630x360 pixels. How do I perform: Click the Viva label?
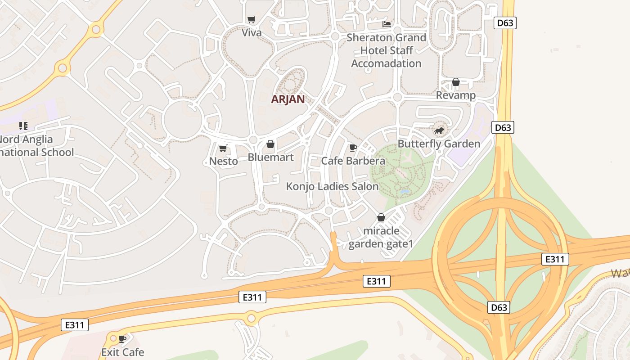coord(252,32)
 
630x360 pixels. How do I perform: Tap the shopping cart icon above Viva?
coord(252,20)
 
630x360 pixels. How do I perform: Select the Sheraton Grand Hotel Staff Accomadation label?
coord(386,50)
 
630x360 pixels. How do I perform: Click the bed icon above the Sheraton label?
coord(386,24)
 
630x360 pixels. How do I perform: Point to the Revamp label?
coord(455,95)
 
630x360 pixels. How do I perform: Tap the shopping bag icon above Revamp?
coord(455,82)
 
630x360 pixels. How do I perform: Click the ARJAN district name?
coord(288,99)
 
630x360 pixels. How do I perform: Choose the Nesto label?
coord(223,161)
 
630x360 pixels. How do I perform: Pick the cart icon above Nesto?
coord(223,148)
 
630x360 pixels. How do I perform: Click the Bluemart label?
coord(270,157)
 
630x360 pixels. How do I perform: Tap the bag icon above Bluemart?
coord(270,144)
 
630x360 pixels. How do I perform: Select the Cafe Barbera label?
coord(353,161)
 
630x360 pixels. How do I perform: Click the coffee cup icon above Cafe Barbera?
coord(353,148)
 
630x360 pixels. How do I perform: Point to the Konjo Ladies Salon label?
coord(332,186)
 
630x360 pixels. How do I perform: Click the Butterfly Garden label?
coord(439,144)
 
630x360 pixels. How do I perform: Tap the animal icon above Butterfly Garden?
coord(439,131)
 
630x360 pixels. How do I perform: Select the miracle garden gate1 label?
coord(381,238)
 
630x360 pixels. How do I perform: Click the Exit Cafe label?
coord(122,352)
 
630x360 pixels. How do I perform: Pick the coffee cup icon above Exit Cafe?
coord(122,339)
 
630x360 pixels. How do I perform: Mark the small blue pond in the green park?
coord(405,192)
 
